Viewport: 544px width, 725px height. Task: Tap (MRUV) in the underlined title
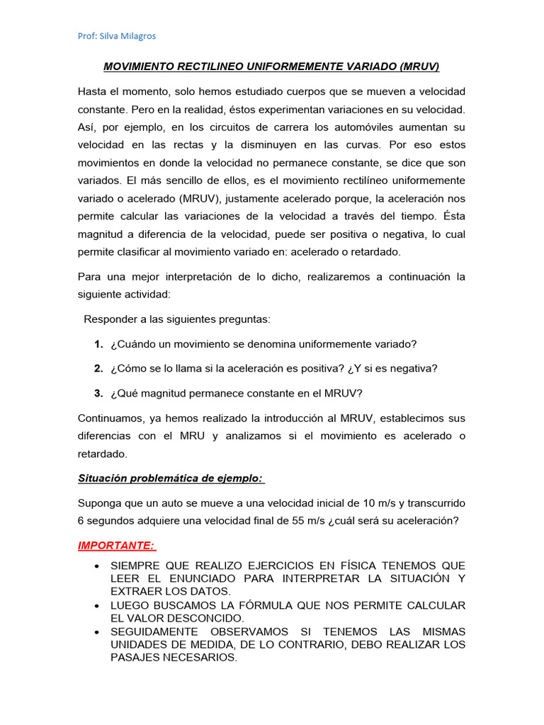click(419, 67)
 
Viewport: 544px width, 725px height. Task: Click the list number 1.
click(98, 344)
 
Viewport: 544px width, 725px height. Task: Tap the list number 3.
click(98, 394)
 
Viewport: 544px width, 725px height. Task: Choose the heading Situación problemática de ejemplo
click(171, 479)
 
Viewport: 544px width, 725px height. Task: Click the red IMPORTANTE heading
click(117, 546)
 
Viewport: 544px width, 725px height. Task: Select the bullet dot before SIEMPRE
click(96, 566)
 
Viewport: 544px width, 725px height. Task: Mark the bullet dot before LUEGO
click(96, 605)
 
